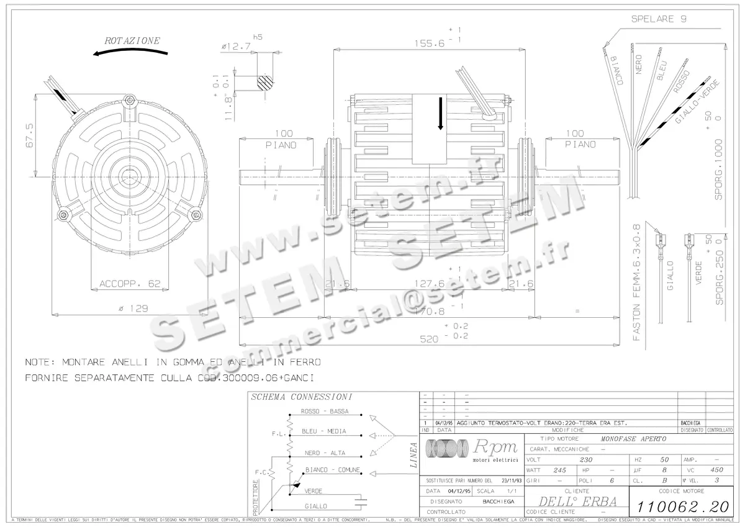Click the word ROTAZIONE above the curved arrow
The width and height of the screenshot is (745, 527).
(x=132, y=40)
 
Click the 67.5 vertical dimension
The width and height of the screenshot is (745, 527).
(x=29, y=135)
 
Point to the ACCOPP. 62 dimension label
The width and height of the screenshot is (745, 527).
(x=130, y=284)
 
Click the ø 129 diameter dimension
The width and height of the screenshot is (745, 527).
(x=129, y=308)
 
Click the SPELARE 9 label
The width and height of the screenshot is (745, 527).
(x=658, y=19)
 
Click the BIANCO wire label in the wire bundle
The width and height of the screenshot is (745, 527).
(x=616, y=71)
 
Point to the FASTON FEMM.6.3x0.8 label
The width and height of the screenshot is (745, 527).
(x=636, y=282)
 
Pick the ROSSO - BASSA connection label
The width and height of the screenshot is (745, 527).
(x=324, y=412)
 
